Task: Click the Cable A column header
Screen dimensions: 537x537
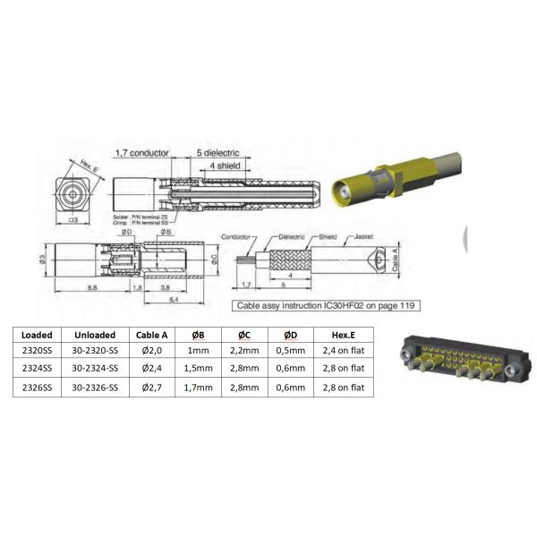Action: point(154,335)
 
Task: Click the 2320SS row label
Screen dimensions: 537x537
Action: point(37,351)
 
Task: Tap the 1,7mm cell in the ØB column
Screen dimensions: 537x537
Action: point(199,386)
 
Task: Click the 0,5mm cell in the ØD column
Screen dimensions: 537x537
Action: point(291,351)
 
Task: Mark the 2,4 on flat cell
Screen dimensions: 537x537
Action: point(344,351)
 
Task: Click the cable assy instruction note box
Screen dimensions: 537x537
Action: point(328,305)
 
